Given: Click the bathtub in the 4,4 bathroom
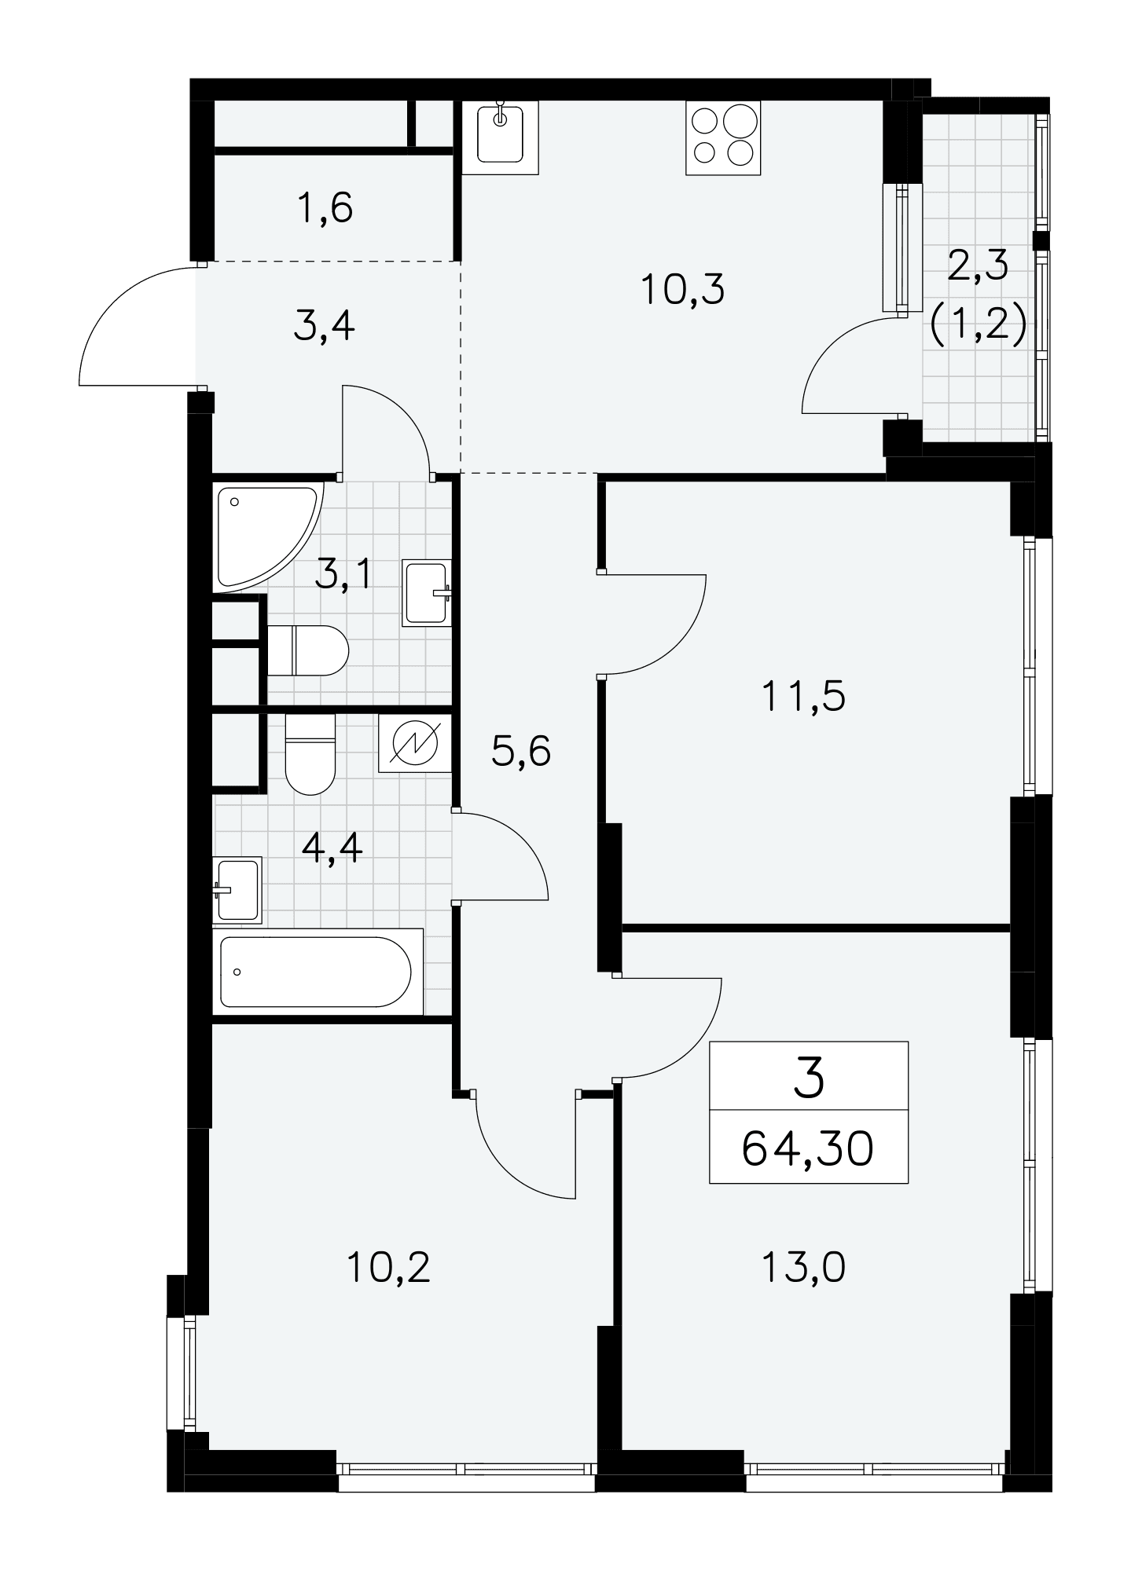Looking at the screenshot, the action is [x=318, y=972].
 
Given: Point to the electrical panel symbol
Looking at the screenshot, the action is [x=415, y=743].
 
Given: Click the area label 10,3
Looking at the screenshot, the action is [x=682, y=289].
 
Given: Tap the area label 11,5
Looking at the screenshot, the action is [x=803, y=696].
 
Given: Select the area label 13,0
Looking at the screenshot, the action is [x=803, y=1267].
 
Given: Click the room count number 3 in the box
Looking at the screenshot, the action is [x=810, y=1078].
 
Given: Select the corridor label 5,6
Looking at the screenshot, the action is [x=521, y=752].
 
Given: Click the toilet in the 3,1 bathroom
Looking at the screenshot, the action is [x=308, y=650].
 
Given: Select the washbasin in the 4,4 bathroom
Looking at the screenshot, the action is [x=237, y=890].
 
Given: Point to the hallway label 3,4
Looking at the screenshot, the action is [x=325, y=327].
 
